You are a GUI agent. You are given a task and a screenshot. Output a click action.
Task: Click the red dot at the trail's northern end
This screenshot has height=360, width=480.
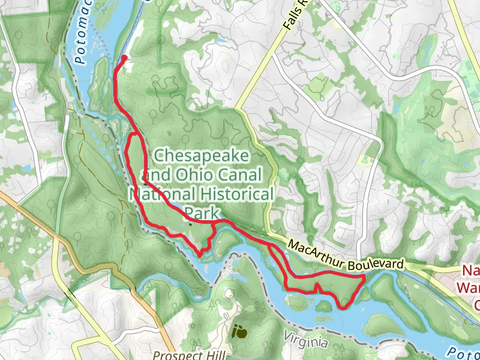pos(124,58)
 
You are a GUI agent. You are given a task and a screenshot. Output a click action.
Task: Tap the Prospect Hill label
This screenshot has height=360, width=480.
pos(187,355)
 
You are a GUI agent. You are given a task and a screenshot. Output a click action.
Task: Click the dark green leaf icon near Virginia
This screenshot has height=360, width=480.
pos(239,331)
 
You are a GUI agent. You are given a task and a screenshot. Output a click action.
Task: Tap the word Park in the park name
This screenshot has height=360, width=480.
pos(202,213)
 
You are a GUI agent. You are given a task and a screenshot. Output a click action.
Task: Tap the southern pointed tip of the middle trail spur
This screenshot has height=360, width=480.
pos(200,255)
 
